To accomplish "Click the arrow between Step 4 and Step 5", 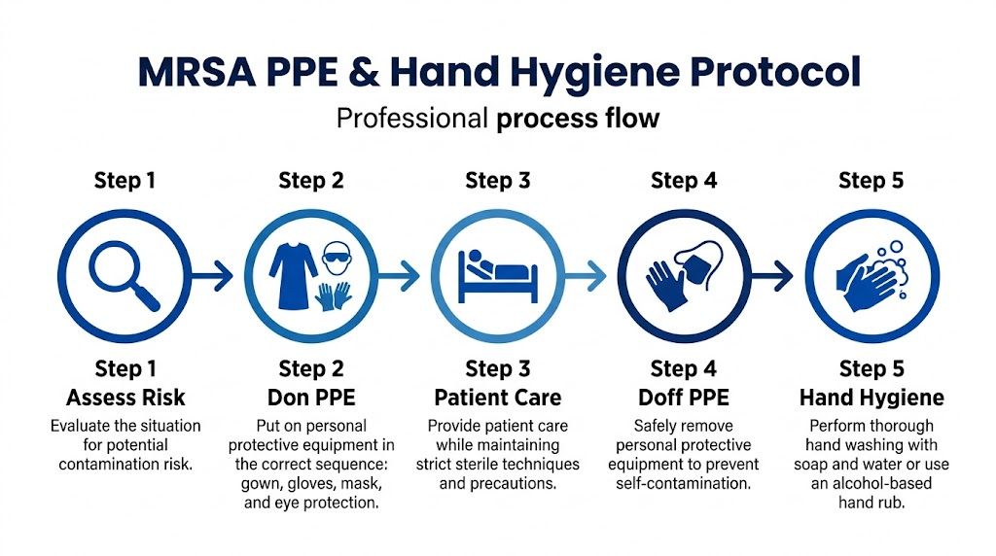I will pos(770,277).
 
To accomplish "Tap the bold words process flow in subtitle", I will pos(578,120).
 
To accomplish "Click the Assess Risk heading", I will pos(125,398).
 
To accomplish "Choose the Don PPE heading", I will pos(311,398).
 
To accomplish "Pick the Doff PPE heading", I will pos(683,398).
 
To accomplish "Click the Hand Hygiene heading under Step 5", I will pos(871,398).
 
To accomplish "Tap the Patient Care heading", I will pos(497,398).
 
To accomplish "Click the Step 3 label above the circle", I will pos(497,181).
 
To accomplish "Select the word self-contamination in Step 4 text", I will pos(683,483).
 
